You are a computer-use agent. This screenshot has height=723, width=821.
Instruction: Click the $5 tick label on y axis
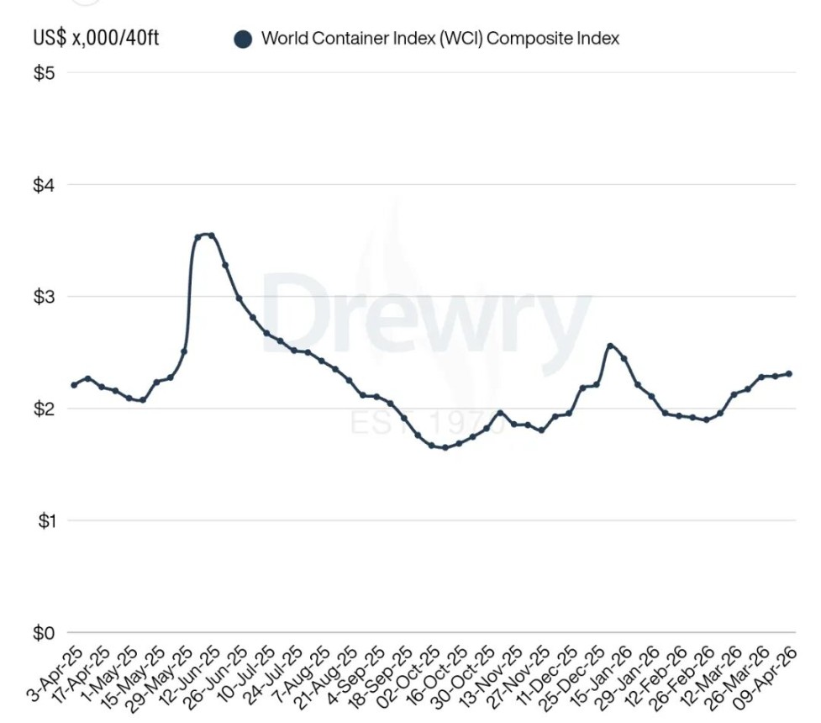tap(44, 73)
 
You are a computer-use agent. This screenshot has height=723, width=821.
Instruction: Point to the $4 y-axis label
tap(44, 185)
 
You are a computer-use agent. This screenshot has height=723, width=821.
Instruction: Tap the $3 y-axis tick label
tap(44, 297)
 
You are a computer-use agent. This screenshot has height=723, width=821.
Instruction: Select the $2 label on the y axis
tap(44, 409)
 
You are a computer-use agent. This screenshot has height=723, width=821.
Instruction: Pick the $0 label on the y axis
tap(44, 633)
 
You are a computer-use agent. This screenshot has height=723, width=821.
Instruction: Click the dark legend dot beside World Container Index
tap(243, 39)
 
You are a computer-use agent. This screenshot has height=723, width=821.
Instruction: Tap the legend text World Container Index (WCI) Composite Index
tap(439, 39)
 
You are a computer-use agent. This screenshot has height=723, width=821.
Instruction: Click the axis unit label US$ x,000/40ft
tap(96, 39)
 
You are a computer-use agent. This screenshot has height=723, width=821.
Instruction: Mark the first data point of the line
tap(74, 385)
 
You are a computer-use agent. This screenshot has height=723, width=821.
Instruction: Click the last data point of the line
tap(788, 374)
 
